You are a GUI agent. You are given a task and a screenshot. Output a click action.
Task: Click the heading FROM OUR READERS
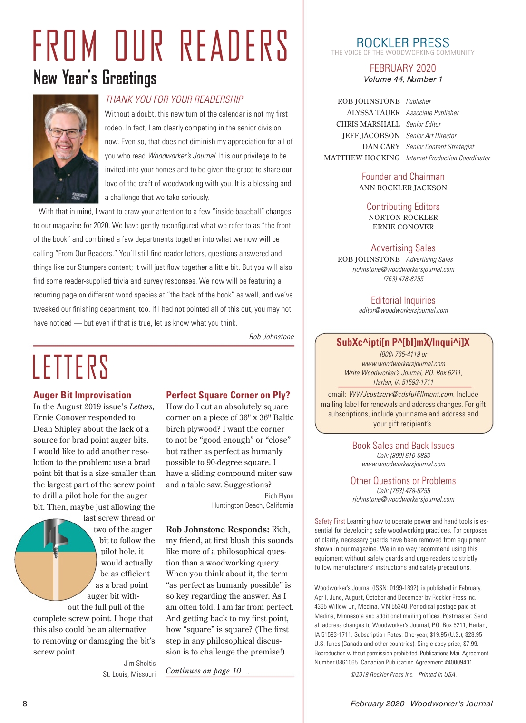(161, 46)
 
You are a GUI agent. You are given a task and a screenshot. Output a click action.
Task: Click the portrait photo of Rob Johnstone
(66, 149)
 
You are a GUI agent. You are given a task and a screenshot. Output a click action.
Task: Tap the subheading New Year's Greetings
(95, 78)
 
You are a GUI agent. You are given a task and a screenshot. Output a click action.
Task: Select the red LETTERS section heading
(70, 366)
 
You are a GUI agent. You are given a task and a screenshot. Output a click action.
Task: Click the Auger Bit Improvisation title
(82, 395)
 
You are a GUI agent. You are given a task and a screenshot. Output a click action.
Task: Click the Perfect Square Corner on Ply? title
(228, 395)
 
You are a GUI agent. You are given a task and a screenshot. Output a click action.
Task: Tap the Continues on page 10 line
(207, 671)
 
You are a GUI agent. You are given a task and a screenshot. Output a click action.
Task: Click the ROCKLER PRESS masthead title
(403, 42)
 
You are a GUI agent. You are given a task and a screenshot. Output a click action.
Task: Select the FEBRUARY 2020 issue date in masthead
(403, 68)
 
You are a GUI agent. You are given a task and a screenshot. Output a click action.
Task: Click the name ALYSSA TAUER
(373, 113)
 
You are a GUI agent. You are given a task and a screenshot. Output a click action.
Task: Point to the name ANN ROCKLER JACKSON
(403, 188)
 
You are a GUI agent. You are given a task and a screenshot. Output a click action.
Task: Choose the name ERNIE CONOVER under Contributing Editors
(403, 227)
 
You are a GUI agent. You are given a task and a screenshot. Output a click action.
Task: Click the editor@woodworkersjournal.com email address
(403, 310)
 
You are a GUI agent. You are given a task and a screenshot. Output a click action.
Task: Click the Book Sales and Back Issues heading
(403, 446)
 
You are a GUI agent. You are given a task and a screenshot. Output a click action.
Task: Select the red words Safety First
(330, 521)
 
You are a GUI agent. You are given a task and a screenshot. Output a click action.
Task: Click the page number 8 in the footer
(25, 703)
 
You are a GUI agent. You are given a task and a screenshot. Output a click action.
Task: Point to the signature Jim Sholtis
(139, 663)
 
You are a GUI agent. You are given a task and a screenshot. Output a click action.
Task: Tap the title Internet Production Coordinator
(448, 158)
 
